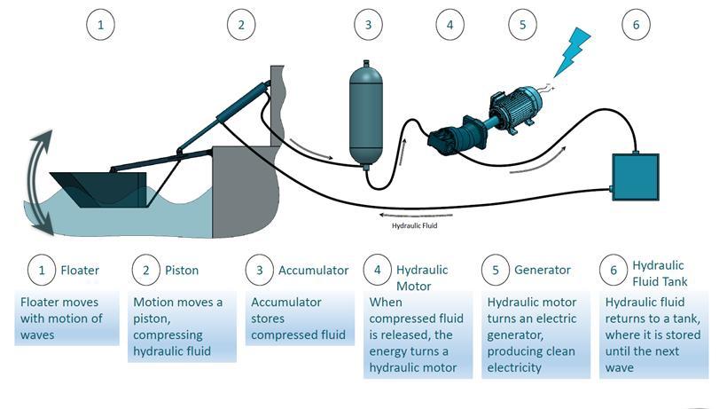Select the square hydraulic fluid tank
(x=635, y=177)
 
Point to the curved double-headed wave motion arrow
(x=34, y=183)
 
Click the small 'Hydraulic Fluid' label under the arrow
(x=415, y=226)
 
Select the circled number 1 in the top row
(x=100, y=25)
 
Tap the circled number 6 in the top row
(x=637, y=25)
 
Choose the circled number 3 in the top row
(x=369, y=25)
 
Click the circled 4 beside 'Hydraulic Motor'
(x=378, y=270)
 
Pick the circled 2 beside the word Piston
(x=146, y=271)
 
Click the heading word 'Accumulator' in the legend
(x=314, y=271)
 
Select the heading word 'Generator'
(x=543, y=270)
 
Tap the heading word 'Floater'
(x=80, y=271)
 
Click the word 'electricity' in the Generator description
(x=514, y=367)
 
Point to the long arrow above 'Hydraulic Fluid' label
(x=416, y=216)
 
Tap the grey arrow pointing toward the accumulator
(x=311, y=149)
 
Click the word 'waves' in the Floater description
(x=37, y=335)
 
